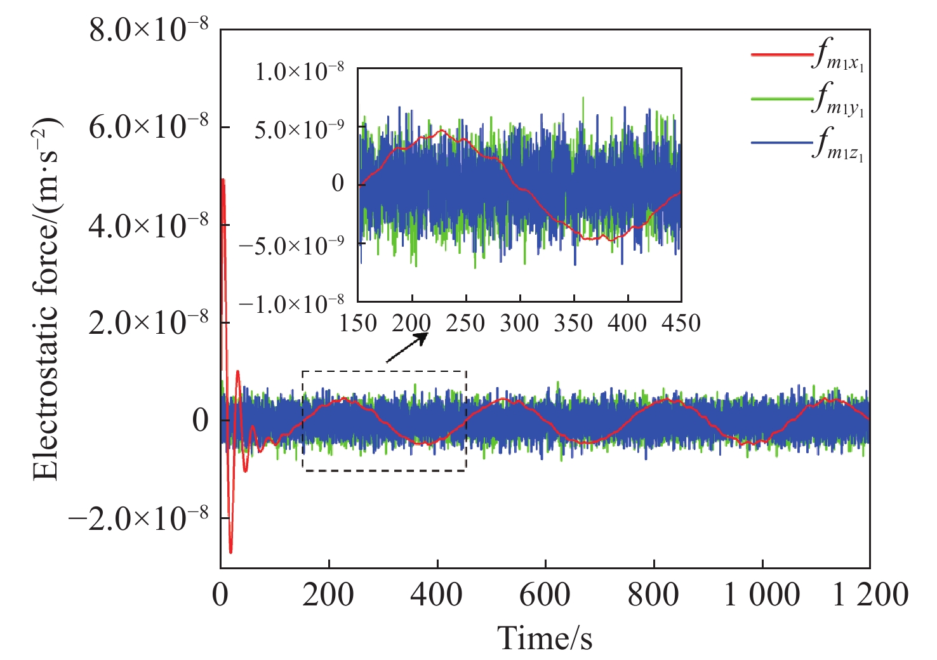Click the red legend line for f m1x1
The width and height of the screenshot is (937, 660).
point(781,54)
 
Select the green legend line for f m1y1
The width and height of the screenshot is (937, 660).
point(781,98)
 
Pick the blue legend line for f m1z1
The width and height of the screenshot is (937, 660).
point(781,143)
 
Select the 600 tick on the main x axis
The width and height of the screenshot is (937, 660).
point(545,595)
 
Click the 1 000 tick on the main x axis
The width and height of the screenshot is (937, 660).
point(762,595)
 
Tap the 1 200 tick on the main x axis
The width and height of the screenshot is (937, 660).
point(870,595)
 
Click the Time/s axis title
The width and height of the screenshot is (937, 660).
point(545,637)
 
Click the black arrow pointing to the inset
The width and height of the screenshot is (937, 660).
point(406,348)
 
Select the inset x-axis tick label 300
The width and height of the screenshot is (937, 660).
point(519,324)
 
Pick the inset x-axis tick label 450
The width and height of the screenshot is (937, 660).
point(681,324)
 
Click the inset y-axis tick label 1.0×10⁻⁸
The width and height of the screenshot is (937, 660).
point(300,72)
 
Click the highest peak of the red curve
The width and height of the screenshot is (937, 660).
point(223,180)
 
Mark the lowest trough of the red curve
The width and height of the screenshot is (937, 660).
point(230,552)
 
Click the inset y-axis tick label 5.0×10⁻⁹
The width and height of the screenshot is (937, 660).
point(300,130)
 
